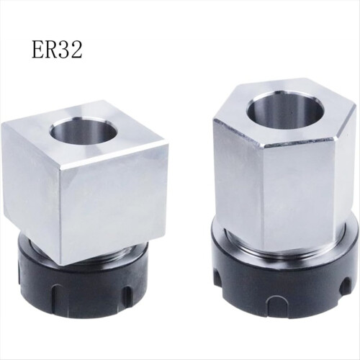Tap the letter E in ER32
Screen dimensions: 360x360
[39, 50]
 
